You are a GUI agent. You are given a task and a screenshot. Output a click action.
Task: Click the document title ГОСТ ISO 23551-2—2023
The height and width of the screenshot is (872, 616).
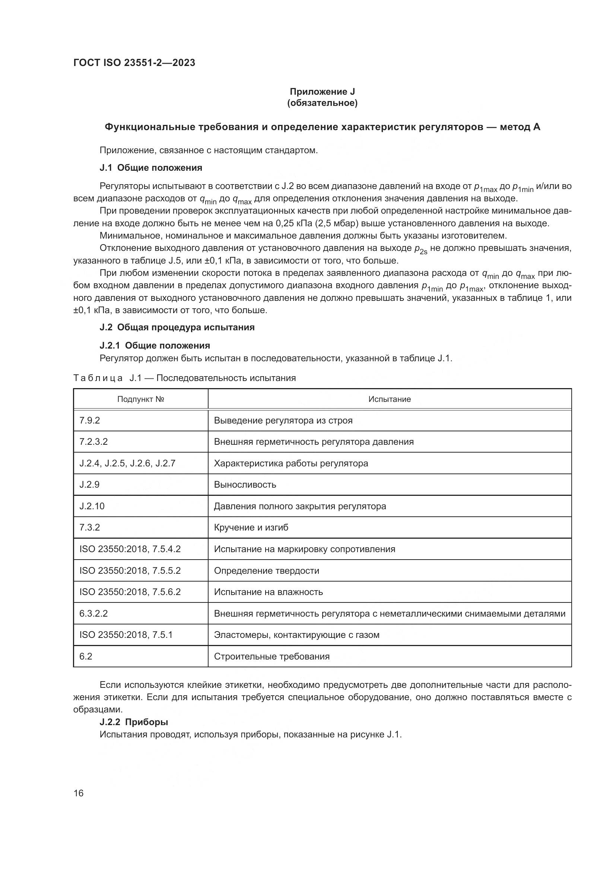click(134, 63)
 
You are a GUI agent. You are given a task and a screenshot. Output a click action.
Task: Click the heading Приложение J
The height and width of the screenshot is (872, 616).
click(322, 92)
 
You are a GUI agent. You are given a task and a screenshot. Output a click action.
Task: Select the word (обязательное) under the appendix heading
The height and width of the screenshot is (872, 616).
click(322, 103)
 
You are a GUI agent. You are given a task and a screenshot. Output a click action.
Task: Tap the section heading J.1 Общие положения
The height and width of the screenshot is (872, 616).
click(150, 168)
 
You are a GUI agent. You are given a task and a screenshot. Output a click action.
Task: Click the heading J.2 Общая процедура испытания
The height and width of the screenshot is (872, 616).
click(177, 327)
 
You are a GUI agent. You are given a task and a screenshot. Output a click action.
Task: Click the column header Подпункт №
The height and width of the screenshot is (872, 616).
click(140, 399)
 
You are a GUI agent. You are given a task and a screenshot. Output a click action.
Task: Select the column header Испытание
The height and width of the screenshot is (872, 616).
click(389, 399)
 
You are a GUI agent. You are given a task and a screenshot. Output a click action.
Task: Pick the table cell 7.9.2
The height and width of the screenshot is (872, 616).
click(89, 421)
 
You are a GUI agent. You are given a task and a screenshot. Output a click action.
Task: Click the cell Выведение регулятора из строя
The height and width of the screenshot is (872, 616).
click(283, 421)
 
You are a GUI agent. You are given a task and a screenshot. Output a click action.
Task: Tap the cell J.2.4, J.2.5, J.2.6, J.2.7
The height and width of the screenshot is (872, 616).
click(127, 463)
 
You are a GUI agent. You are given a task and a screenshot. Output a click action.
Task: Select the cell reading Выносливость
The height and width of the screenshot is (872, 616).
click(245, 485)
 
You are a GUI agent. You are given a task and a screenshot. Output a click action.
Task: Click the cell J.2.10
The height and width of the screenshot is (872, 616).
click(92, 506)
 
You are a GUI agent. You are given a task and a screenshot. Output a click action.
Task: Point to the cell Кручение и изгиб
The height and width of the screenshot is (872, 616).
click(251, 528)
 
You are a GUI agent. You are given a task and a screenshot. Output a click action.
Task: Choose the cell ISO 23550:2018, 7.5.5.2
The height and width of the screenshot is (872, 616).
click(130, 570)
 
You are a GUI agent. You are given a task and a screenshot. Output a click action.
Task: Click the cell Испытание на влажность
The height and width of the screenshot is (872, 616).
click(268, 592)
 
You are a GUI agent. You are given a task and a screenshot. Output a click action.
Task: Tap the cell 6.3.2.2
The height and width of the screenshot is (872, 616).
click(93, 613)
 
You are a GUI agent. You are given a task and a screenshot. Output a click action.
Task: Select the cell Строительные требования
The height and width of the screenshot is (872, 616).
click(272, 656)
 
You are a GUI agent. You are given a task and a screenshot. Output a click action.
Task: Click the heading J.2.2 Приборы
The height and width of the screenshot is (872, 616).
click(134, 722)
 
